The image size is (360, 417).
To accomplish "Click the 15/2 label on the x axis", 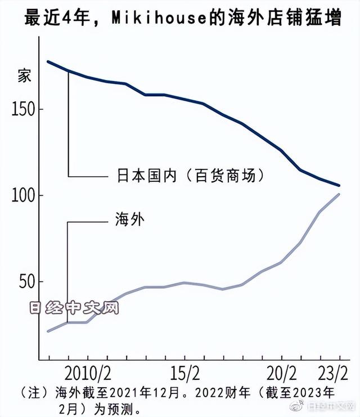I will [x=184, y=375].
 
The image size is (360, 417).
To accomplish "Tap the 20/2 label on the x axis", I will [x=281, y=375].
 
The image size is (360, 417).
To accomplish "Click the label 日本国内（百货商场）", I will [x=186, y=176].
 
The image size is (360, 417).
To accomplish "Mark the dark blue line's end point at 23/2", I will [x=339, y=185].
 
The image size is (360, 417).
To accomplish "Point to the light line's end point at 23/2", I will [x=339, y=194].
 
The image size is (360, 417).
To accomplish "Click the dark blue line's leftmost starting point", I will [x=48, y=61].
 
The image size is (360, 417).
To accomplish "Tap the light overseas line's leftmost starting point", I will [x=48, y=331].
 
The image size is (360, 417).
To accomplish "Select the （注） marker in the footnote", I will [x=33, y=391].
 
